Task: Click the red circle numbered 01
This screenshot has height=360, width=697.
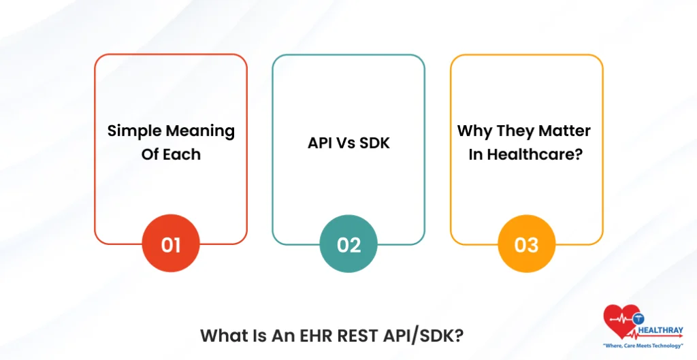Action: coord(171,244)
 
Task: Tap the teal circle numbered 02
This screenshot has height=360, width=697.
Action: coord(348,244)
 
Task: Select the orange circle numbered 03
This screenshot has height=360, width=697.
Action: coord(526,244)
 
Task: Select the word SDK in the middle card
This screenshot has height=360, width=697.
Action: coord(374,143)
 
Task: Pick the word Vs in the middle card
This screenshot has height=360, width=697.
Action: coord(346,143)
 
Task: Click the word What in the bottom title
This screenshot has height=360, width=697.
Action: coord(223,336)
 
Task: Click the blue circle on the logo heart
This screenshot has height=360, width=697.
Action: coord(638,318)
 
